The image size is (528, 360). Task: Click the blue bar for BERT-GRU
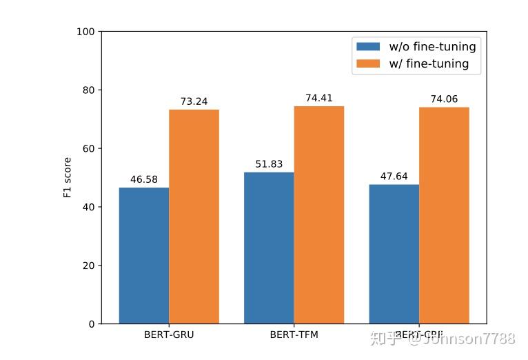144,255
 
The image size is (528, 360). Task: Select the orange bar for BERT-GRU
194,217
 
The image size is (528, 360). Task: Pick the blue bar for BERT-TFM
269,248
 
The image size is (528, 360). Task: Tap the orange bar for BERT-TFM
318,214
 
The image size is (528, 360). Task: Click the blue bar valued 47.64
394,254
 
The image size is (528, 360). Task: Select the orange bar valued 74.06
444,215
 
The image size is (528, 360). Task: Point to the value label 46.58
144,179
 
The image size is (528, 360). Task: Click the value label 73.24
194,101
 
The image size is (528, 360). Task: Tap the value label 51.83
269,164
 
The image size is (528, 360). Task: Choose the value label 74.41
319,98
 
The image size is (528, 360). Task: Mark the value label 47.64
394,177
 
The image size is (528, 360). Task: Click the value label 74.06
445,99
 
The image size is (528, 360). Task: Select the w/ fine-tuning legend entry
413,63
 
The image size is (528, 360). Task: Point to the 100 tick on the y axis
87,32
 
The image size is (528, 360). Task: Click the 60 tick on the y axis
90,148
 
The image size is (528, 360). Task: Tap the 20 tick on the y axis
90,266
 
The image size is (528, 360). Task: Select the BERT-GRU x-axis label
169,335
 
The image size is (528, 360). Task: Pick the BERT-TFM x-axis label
294,335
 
